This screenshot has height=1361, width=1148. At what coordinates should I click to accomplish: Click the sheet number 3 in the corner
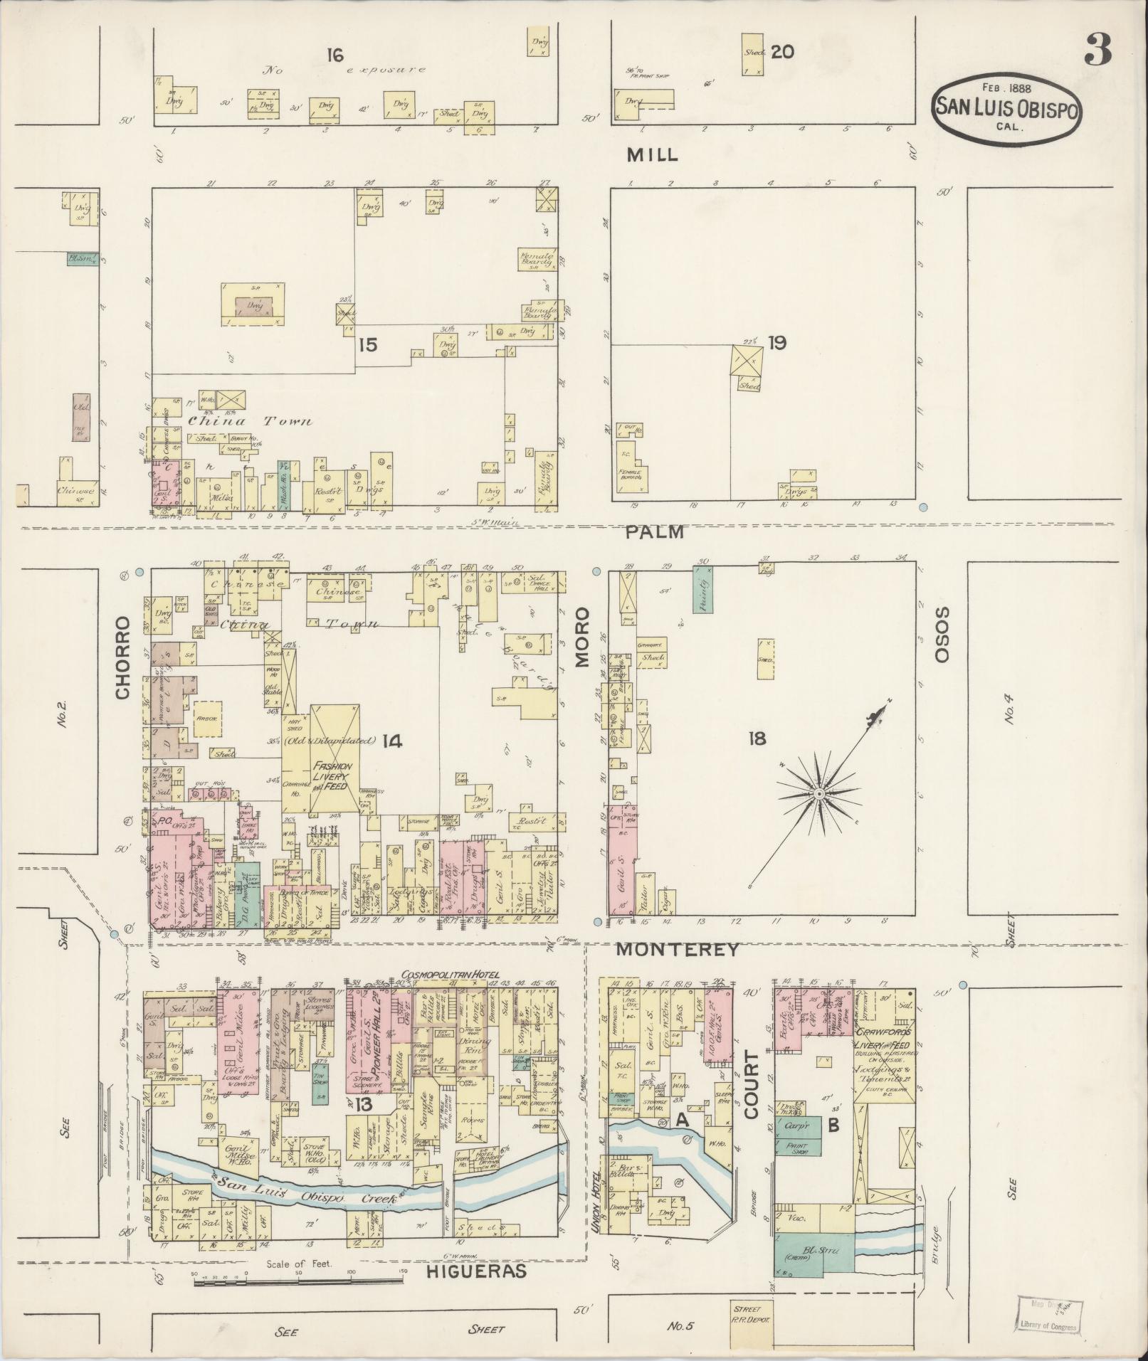point(1097,51)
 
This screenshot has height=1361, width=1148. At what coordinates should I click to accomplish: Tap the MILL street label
point(652,155)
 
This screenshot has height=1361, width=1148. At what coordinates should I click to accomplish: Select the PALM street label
point(655,532)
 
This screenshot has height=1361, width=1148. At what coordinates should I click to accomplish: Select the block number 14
point(391,741)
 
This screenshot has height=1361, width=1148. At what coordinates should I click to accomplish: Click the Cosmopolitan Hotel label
point(452,975)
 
